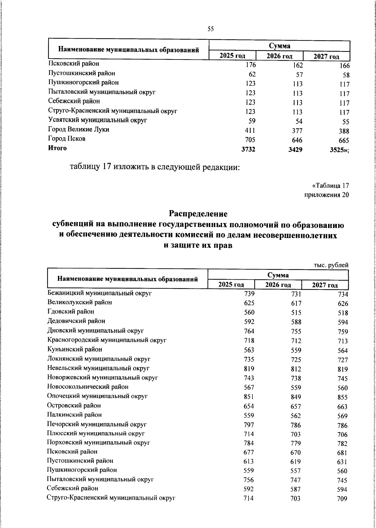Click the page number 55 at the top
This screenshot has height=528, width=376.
(211, 29)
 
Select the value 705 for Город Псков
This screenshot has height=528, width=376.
(250, 140)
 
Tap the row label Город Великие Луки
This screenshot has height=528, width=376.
(79, 129)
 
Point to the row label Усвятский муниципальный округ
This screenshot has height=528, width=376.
(97, 120)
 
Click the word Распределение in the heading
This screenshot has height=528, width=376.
(198, 214)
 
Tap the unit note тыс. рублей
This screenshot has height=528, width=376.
(331, 265)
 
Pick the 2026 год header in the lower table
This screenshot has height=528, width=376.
(278, 285)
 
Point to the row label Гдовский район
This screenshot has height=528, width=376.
(70, 312)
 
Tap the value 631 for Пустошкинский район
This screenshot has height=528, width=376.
(342, 462)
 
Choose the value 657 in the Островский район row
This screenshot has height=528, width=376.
(295, 406)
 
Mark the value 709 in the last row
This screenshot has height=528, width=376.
(342, 499)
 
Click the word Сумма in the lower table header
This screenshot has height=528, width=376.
(278, 275)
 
